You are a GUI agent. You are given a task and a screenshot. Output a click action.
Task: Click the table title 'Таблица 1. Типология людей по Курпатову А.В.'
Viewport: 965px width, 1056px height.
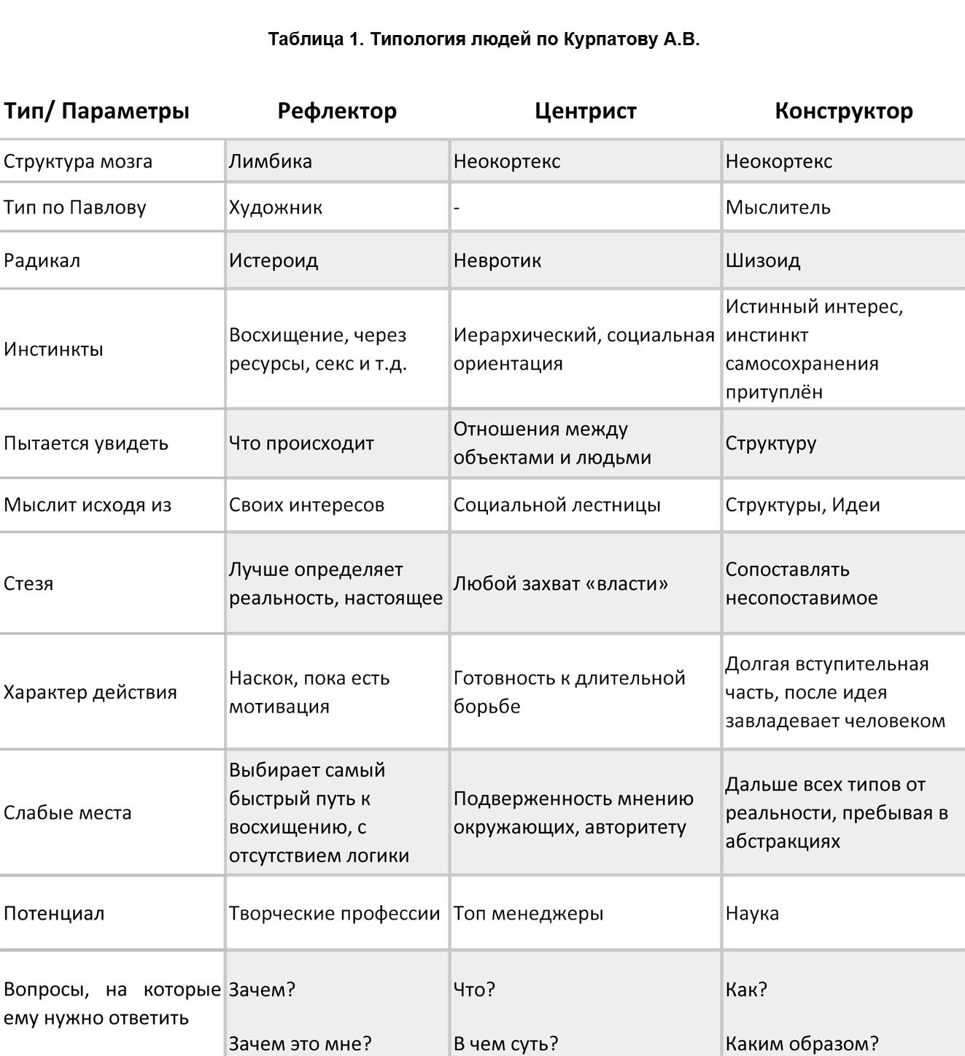[484, 39]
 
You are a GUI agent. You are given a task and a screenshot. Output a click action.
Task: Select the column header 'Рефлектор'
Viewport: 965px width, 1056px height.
[337, 111]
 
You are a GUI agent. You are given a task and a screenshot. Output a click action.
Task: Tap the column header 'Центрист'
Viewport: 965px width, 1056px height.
[585, 111]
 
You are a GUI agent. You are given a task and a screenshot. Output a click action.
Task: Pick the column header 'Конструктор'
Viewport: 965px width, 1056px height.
[843, 111]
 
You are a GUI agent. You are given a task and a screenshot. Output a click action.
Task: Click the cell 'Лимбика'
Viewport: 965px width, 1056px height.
[271, 161]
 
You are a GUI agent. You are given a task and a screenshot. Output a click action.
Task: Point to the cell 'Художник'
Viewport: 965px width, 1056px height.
[276, 207]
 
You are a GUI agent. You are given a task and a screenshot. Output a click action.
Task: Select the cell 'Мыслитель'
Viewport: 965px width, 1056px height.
[778, 207]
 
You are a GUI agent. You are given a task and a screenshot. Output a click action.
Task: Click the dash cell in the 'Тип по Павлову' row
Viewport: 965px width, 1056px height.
[457, 208]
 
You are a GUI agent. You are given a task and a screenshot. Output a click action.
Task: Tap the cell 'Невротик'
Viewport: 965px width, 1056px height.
[497, 260]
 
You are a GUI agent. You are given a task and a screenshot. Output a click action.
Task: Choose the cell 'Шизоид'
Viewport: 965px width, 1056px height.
[762, 260]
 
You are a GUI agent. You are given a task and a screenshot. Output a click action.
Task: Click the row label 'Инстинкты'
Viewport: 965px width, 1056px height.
[53, 349]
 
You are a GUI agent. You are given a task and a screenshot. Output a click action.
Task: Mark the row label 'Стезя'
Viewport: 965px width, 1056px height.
[28, 583]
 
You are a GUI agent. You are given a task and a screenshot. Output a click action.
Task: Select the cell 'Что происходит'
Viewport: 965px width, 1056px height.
[301, 443]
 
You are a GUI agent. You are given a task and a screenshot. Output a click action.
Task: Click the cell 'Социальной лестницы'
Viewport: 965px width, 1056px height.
[557, 505]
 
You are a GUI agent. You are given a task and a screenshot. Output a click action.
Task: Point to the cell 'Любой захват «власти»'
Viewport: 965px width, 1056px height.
[560, 583]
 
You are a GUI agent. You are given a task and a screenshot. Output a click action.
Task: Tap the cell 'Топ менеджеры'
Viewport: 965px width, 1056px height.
[528, 913]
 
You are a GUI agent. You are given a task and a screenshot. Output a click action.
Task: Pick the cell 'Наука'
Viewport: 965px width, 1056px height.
[752, 913]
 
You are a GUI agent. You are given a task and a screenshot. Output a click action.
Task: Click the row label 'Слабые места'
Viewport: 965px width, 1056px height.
[68, 812]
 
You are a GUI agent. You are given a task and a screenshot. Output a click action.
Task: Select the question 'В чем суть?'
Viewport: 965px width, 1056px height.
[505, 1044]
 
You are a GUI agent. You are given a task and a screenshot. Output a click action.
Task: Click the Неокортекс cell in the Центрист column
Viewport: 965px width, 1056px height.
[507, 161]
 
